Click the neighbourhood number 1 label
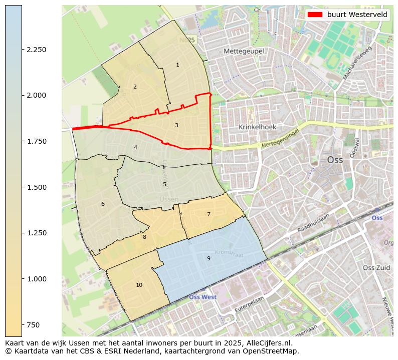pos(177,65)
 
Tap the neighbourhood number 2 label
pos(135,87)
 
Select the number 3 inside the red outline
pos(176,125)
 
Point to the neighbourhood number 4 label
pos(135,147)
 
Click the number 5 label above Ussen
pos(164,184)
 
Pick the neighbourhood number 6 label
pos(103,204)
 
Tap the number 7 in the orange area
pos(209,214)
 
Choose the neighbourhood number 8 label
pos(144,237)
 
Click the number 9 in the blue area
pos(209,258)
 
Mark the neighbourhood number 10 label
pos(139,285)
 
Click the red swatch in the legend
pos(315,15)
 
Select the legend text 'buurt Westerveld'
pos(357,15)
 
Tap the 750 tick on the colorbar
pos(33,325)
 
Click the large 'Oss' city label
pos(335,160)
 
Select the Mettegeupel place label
pos(244,51)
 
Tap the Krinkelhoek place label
pos(257,127)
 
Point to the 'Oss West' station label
pos(203,297)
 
